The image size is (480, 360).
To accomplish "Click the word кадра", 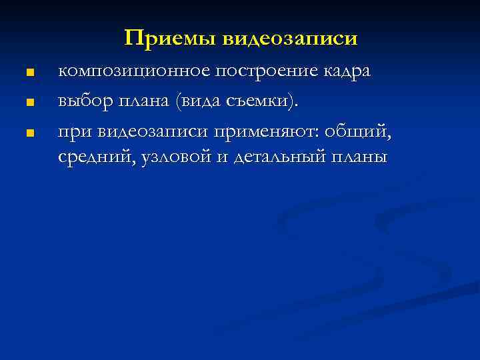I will (x=347, y=72).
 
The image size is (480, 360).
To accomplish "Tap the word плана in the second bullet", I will (x=145, y=102).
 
